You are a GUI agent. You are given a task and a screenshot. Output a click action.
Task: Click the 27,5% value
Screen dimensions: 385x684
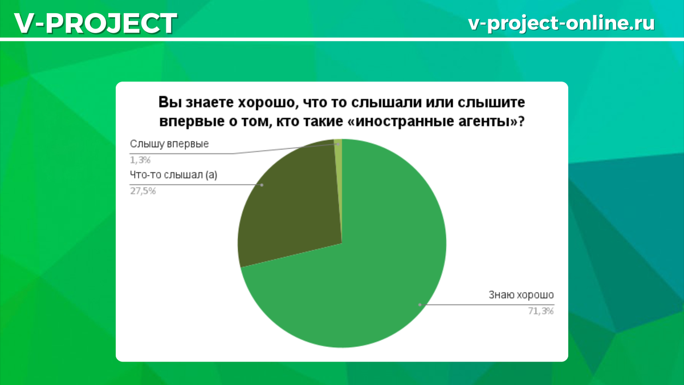143,191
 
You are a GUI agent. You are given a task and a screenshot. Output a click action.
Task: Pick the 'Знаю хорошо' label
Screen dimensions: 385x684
521,295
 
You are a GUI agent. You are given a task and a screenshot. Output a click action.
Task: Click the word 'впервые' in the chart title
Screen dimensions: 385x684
188,121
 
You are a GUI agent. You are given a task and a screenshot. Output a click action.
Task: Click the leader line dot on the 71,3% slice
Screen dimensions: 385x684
420,305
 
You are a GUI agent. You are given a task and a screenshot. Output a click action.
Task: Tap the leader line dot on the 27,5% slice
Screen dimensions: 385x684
262,185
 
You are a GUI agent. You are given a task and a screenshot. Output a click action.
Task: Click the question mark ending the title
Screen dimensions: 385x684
521,121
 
